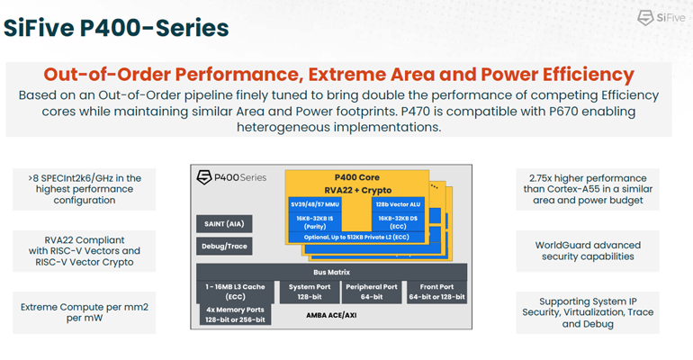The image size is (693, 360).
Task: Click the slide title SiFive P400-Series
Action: click(116, 27)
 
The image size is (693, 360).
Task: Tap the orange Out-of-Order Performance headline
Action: click(338, 75)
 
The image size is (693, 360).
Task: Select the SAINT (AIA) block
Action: click(223, 223)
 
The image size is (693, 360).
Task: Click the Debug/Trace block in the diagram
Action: click(223, 246)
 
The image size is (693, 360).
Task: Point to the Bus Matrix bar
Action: click(331, 270)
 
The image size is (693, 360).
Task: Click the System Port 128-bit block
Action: click(309, 292)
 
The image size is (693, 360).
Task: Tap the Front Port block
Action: click(436, 292)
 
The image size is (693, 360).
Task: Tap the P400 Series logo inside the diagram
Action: click(232, 177)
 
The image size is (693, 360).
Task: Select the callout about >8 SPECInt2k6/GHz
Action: click(84, 190)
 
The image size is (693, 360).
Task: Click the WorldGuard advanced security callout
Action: click(588, 251)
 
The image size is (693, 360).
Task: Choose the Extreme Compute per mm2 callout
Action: click(84, 312)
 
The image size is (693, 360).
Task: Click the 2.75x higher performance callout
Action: click(588, 190)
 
